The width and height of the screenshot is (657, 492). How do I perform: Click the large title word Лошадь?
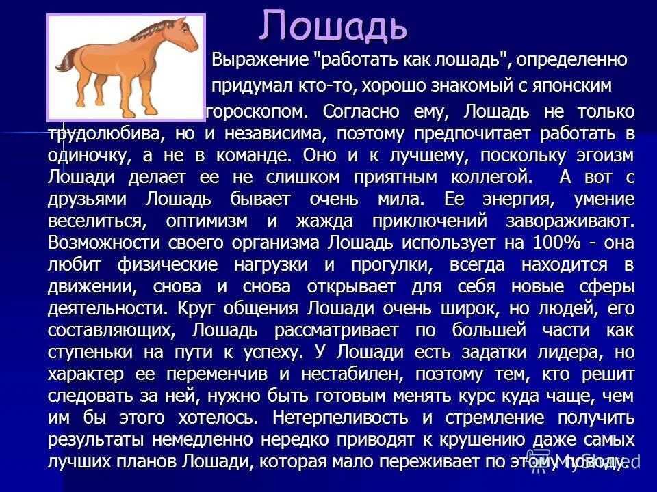point(333,26)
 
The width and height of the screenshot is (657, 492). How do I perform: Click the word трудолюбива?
point(103,133)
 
